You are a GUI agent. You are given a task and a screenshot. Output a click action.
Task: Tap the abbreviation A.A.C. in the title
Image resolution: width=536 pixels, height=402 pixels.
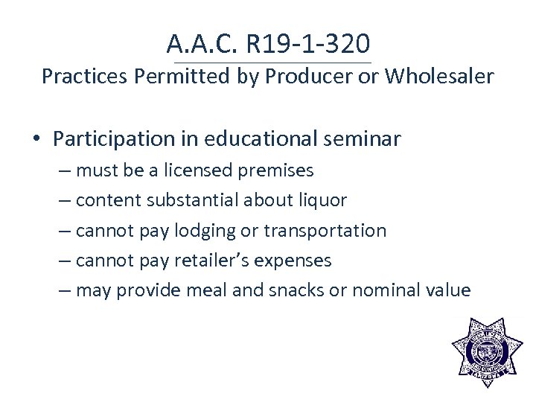(202, 44)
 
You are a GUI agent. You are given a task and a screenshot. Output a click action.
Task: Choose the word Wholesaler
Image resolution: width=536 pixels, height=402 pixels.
(439, 77)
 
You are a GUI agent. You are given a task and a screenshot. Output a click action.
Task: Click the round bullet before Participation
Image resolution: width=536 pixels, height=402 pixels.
(36, 139)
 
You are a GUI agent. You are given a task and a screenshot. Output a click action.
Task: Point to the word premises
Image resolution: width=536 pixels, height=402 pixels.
(277, 171)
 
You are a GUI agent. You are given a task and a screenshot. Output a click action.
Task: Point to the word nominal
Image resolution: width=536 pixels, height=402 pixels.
(389, 290)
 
